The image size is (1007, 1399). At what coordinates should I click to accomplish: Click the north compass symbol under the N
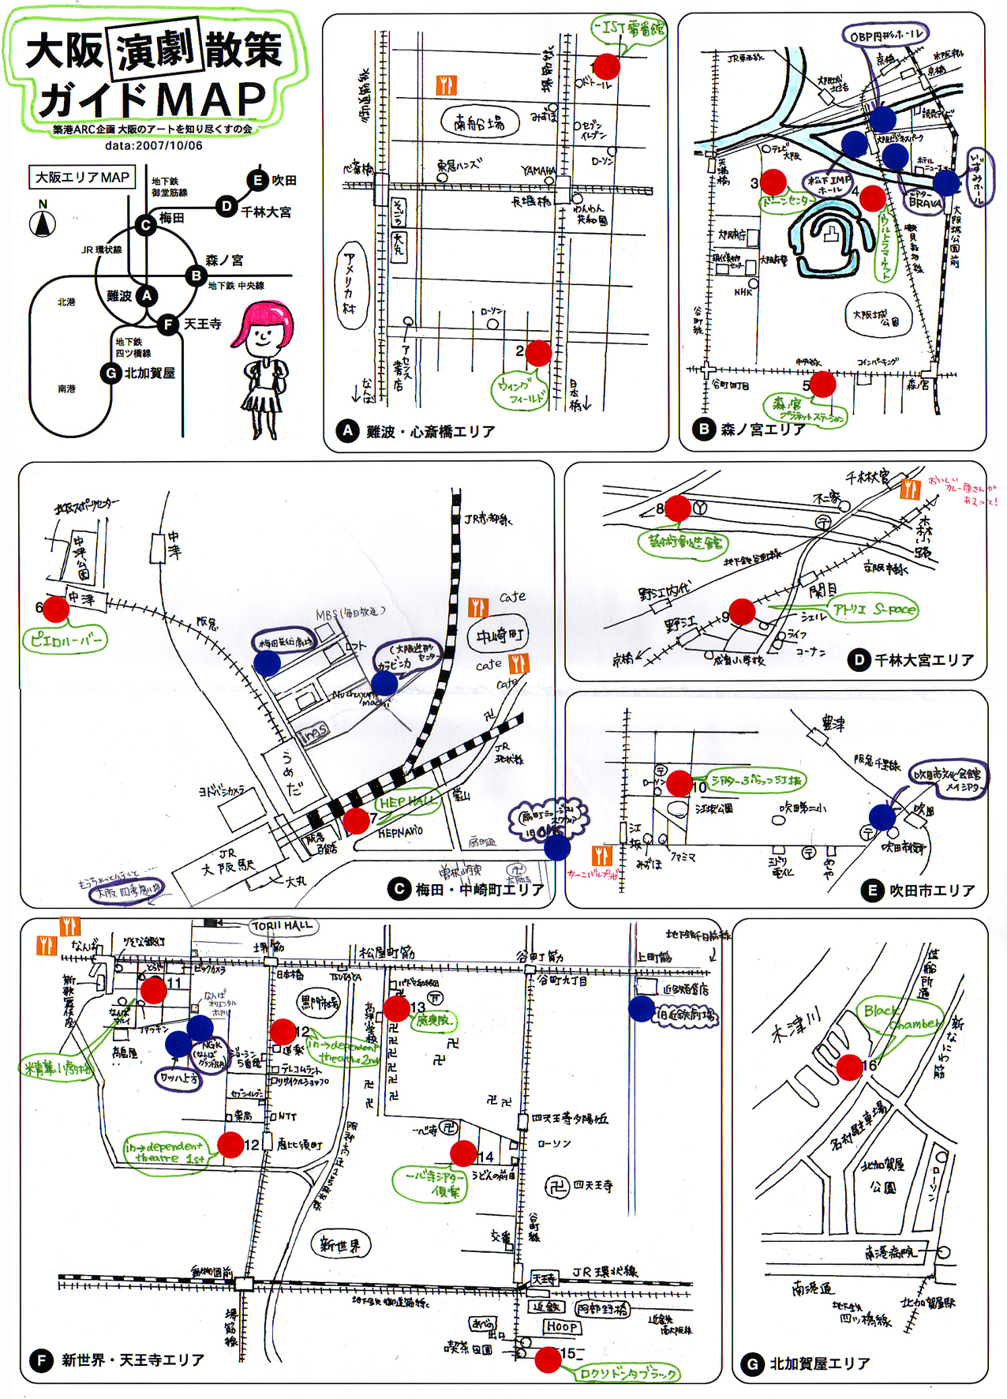click(x=43, y=224)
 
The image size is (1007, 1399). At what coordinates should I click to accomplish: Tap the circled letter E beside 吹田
click(x=257, y=180)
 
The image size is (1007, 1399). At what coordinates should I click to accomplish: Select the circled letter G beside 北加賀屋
click(x=111, y=373)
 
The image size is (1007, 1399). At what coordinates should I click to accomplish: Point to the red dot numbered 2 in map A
click(x=538, y=353)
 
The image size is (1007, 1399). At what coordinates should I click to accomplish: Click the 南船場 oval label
click(x=479, y=122)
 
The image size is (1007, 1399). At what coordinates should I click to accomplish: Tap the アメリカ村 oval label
click(x=349, y=285)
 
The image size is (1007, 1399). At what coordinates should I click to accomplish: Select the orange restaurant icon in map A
click(x=446, y=84)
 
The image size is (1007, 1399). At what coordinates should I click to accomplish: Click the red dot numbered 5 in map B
click(x=822, y=384)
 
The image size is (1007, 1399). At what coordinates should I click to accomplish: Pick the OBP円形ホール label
click(x=885, y=36)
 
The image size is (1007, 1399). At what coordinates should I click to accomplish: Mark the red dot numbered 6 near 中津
click(x=55, y=609)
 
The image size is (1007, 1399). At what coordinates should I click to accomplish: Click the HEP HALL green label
click(x=407, y=802)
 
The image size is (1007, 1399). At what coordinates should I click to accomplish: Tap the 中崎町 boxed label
click(x=499, y=636)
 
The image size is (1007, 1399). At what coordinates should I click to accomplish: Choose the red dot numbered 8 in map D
click(x=678, y=508)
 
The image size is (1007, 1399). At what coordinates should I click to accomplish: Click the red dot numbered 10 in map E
click(x=679, y=782)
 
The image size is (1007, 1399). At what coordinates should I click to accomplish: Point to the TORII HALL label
click(x=283, y=925)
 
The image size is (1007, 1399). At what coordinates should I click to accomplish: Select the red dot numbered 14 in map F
click(x=463, y=1153)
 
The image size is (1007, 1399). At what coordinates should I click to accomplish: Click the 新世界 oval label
click(x=340, y=1245)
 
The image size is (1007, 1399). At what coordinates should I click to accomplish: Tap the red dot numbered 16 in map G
click(x=849, y=1067)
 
